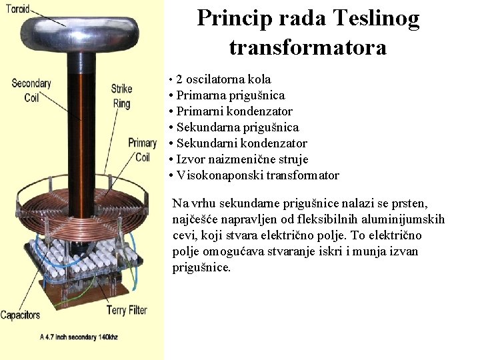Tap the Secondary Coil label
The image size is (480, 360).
pyautogui.click(x=31, y=90)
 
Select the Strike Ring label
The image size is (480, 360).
pyautogui.click(x=121, y=95)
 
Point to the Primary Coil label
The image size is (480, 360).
pyautogui.click(x=142, y=149)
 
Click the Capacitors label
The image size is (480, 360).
pyautogui.click(x=20, y=315)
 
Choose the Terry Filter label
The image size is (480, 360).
pyautogui.click(x=126, y=310)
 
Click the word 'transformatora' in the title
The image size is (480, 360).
pyautogui.click(x=307, y=47)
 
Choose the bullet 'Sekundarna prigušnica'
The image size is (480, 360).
pyautogui.click(x=237, y=127)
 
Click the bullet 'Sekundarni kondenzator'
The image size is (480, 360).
pyautogui.click(x=241, y=143)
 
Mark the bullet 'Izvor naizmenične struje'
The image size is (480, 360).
pyautogui.click(x=242, y=159)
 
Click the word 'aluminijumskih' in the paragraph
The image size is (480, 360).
pyautogui.click(x=404, y=219)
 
